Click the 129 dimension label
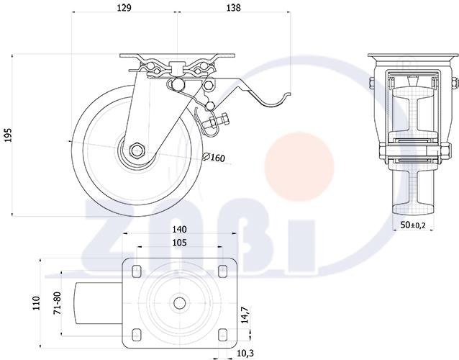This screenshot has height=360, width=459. [x=124, y=8]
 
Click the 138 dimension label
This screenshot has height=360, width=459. [x=234, y=8]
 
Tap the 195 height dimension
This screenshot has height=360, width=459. [x=8, y=135]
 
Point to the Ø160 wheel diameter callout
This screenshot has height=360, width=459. [x=214, y=158]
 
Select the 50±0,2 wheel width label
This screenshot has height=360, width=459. [x=413, y=225]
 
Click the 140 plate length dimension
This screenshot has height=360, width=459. [x=179, y=230]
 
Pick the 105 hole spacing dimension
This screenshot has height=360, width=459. [x=179, y=243]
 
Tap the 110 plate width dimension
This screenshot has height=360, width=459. [x=36, y=303]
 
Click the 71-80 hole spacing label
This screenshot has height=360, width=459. [x=58, y=303]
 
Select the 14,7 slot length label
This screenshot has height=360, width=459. [x=245, y=315]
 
